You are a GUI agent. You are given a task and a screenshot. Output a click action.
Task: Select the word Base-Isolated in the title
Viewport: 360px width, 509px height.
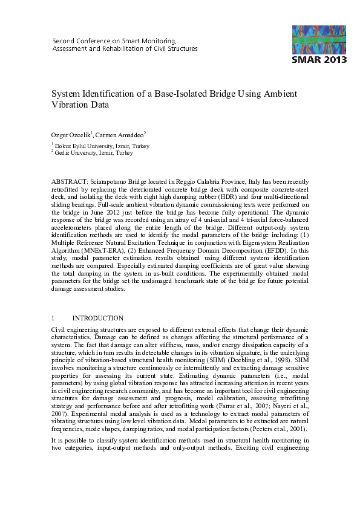coord(186,94)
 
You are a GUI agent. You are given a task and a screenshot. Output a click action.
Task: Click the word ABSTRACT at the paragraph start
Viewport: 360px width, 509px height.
coord(69,181)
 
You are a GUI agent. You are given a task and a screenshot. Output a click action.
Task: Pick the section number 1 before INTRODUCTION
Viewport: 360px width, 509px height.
coord(53,318)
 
